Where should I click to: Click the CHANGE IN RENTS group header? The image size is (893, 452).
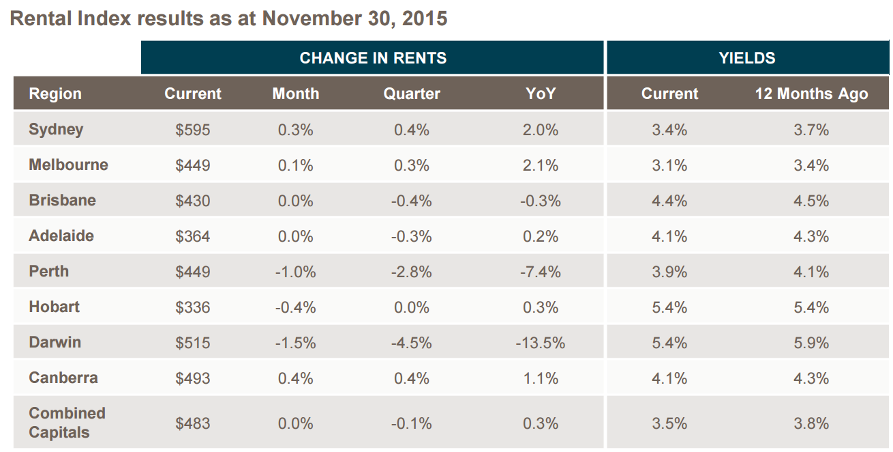click(373, 58)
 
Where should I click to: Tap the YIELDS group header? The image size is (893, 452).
click(747, 58)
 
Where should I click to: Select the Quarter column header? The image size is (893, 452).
click(412, 94)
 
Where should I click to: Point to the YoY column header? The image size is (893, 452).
click(541, 94)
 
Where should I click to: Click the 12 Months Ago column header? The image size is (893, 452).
click(811, 94)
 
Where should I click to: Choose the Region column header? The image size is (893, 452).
click(55, 94)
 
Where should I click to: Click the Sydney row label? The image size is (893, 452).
click(56, 130)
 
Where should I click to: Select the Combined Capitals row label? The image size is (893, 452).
click(67, 423)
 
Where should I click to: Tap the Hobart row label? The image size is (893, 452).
click(55, 307)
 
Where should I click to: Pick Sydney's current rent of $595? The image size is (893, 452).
click(192, 130)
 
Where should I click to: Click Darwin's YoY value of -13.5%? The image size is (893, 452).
click(541, 343)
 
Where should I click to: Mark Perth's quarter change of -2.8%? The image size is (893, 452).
click(412, 272)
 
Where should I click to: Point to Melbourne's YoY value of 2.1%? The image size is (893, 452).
click(541, 165)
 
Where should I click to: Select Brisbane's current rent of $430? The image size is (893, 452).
click(192, 201)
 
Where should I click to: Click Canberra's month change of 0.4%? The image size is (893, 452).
click(295, 378)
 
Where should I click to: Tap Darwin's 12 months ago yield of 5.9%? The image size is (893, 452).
click(811, 343)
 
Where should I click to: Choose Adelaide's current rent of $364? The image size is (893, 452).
click(192, 236)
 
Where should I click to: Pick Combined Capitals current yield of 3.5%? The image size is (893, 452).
click(669, 423)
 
